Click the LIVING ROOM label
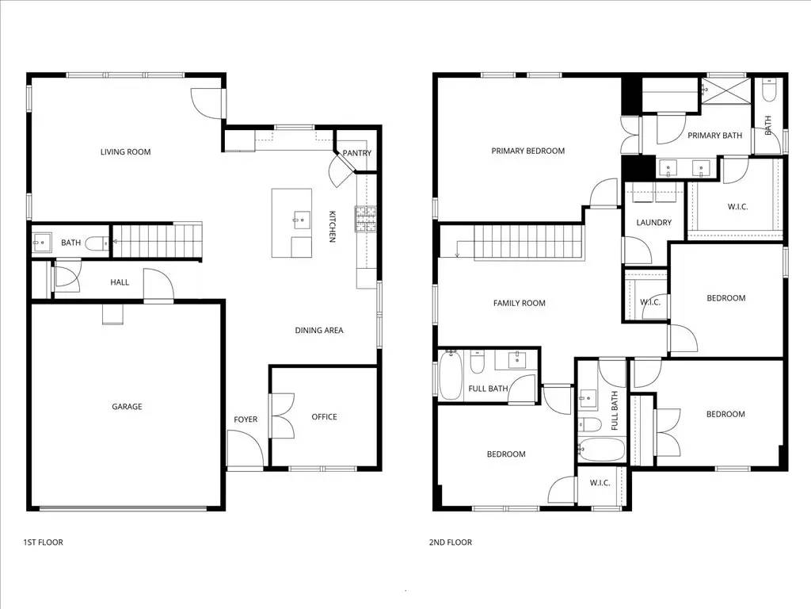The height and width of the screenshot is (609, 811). pyautogui.click(x=125, y=152)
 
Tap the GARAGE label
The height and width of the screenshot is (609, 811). pyautogui.click(x=127, y=407)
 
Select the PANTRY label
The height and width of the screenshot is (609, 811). pyautogui.click(x=356, y=153)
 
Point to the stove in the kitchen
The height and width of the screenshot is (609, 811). pyautogui.click(x=367, y=217)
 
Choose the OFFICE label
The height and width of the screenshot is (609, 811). pyautogui.click(x=324, y=417)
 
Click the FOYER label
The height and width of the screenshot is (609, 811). pyautogui.click(x=246, y=419)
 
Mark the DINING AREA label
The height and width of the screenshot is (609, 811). pyautogui.click(x=319, y=331)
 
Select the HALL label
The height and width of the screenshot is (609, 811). pyautogui.click(x=120, y=282)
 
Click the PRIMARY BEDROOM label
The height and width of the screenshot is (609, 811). pyautogui.click(x=527, y=151)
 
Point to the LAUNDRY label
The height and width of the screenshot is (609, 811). pyautogui.click(x=654, y=223)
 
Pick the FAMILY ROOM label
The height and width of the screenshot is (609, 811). pyautogui.click(x=519, y=304)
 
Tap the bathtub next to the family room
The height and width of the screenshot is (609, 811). pyautogui.click(x=450, y=376)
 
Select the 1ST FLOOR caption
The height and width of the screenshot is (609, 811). pyautogui.click(x=43, y=542)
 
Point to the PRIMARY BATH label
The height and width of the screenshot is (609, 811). pyautogui.click(x=714, y=136)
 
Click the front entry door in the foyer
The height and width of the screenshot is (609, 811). pyautogui.click(x=245, y=450)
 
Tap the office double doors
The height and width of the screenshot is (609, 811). pyautogui.click(x=280, y=416)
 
